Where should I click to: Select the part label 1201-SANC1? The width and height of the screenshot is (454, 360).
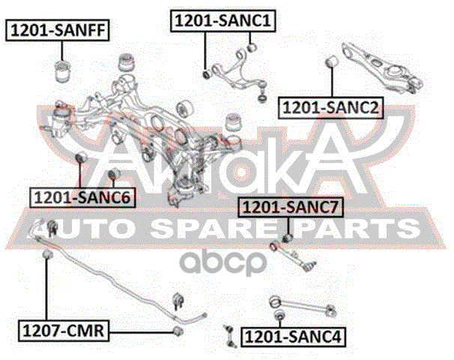pyautogui.click(x=222, y=21)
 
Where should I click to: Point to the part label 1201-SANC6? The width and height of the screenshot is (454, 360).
pyautogui.click(x=82, y=198)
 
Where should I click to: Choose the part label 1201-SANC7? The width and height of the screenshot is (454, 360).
pyautogui.click(x=287, y=206)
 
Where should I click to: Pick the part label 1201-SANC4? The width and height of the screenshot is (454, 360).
pyautogui.click(x=294, y=337)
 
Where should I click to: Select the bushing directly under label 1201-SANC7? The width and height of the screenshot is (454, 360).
pyautogui.click(x=285, y=238)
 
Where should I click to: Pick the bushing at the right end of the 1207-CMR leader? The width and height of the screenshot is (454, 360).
pyautogui.click(x=178, y=330)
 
